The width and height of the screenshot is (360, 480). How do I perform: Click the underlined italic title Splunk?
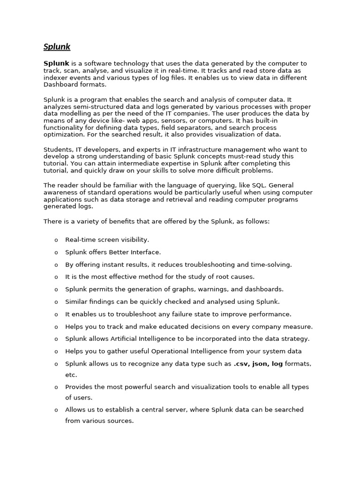click(57, 46)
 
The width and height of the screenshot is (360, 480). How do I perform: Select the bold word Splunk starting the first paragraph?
click(56, 63)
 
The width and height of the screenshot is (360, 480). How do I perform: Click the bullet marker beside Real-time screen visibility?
click(56, 240)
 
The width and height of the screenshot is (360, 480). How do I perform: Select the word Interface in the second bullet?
click(146, 252)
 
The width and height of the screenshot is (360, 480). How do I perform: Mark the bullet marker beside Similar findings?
click(56, 302)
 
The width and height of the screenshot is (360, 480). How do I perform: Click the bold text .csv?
click(241, 363)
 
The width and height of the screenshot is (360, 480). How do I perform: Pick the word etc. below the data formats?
click(71, 375)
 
